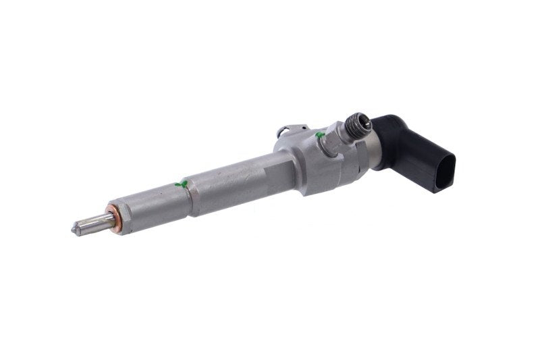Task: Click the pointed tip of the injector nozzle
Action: (x=74, y=230)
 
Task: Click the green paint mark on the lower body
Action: (x=179, y=183)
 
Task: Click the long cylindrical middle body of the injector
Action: (x=223, y=179)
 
